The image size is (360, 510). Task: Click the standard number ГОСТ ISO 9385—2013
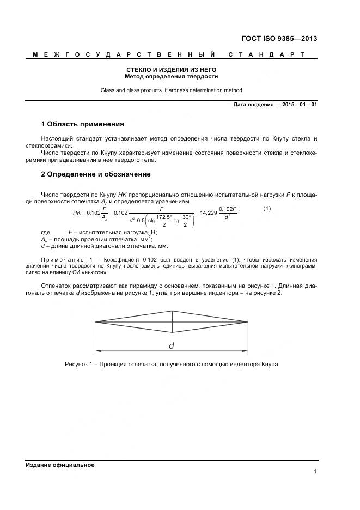click(x=279, y=39)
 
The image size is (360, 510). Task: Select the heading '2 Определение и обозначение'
click(x=96, y=174)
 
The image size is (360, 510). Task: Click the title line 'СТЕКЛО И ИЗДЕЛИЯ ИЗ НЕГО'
click(x=172, y=70)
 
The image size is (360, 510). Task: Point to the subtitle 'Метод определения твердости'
click(x=172, y=77)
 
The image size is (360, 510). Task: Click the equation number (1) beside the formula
click(x=267, y=209)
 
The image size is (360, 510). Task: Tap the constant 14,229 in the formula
click(x=209, y=212)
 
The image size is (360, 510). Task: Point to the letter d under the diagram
click(x=172, y=345)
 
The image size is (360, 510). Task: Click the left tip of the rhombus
click(x=96, y=322)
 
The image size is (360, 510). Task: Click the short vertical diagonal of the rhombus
click(x=172, y=322)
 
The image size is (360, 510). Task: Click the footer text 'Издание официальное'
click(x=60, y=465)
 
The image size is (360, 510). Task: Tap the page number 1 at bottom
click(x=315, y=472)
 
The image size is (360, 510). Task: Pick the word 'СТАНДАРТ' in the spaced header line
click(x=266, y=55)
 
